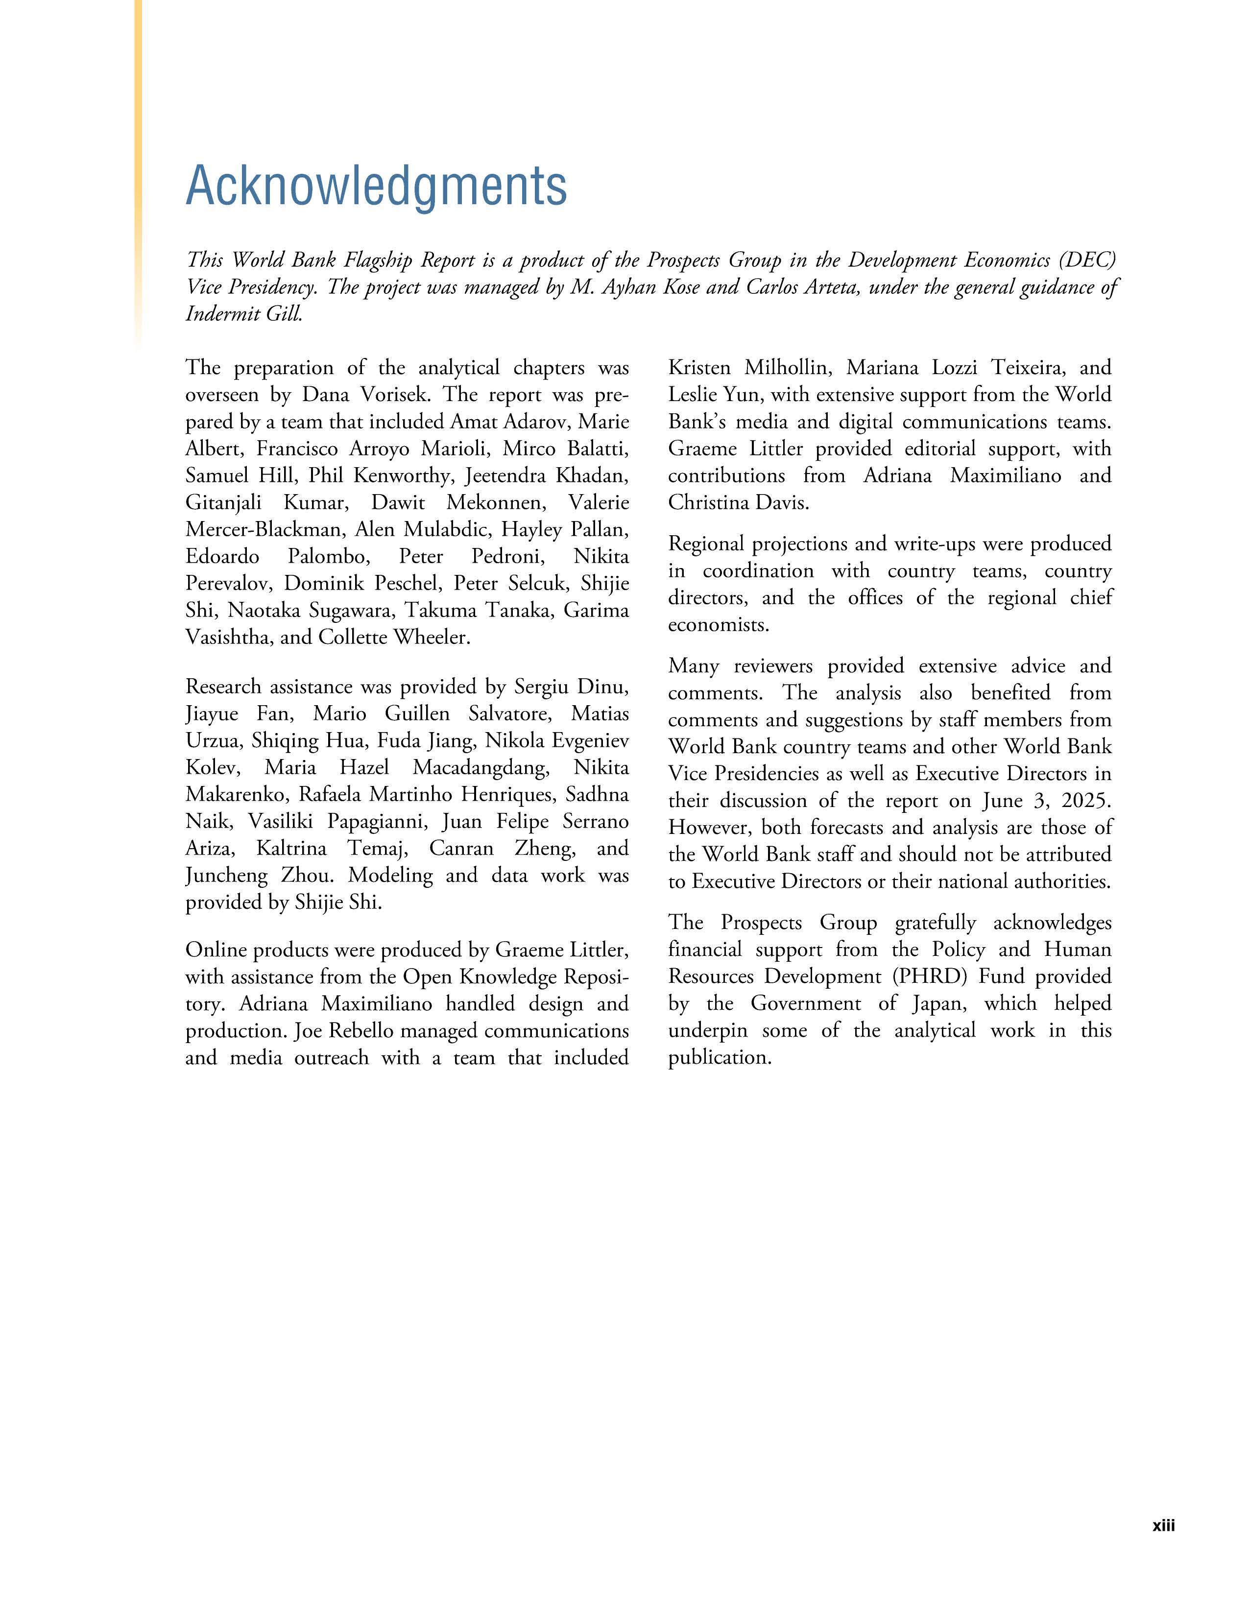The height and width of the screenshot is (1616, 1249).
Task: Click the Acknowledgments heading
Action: pos(376,185)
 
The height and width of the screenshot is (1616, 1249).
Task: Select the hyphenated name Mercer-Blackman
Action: pos(264,529)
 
